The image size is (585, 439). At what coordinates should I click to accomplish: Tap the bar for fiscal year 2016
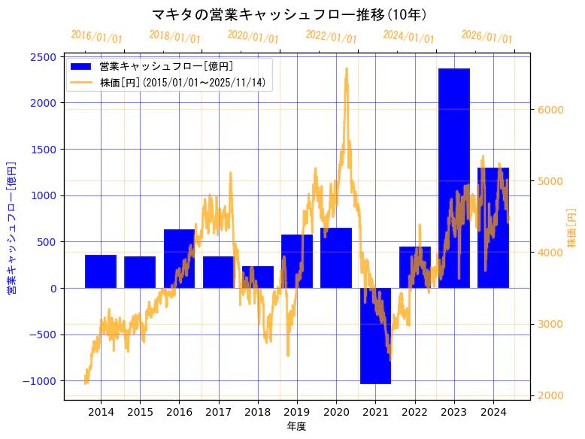pyautogui.click(x=179, y=259)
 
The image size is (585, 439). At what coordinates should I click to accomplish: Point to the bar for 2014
pyautogui.click(x=101, y=271)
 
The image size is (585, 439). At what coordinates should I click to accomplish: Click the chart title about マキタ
pyautogui.click(x=289, y=14)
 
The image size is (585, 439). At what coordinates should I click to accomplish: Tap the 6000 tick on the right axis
pyautogui.click(x=551, y=110)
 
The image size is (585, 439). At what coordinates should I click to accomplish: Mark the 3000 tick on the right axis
pyautogui.click(x=551, y=324)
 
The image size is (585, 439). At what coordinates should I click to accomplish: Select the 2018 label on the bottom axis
pyautogui.click(x=258, y=412)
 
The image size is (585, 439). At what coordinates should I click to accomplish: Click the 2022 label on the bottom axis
pyautogui.click(x=414, y=412)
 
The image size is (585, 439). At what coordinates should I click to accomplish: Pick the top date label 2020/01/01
pyautogui.click(x=253, y=37)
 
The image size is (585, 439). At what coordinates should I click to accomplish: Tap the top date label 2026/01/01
pyautogui.click(x=486, y=37)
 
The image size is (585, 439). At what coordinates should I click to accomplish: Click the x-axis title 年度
pyautogui.click(x=297, y=426)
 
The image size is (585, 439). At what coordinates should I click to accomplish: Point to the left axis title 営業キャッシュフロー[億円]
pyautogui.click(x=11, y=227)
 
